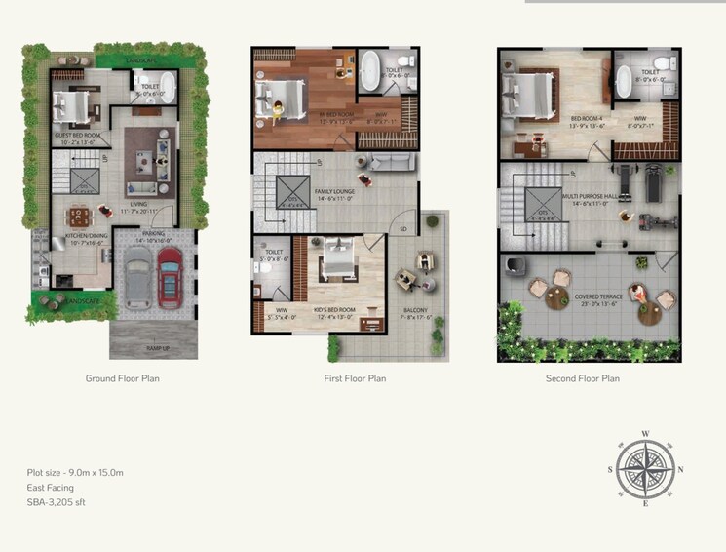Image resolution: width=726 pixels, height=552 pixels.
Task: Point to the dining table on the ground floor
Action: tap(77, 216)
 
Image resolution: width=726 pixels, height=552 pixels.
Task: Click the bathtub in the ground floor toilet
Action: tap(168, 93)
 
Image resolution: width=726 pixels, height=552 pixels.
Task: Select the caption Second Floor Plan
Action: tap(582, 377)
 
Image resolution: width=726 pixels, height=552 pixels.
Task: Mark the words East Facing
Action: tap(51, 488)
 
